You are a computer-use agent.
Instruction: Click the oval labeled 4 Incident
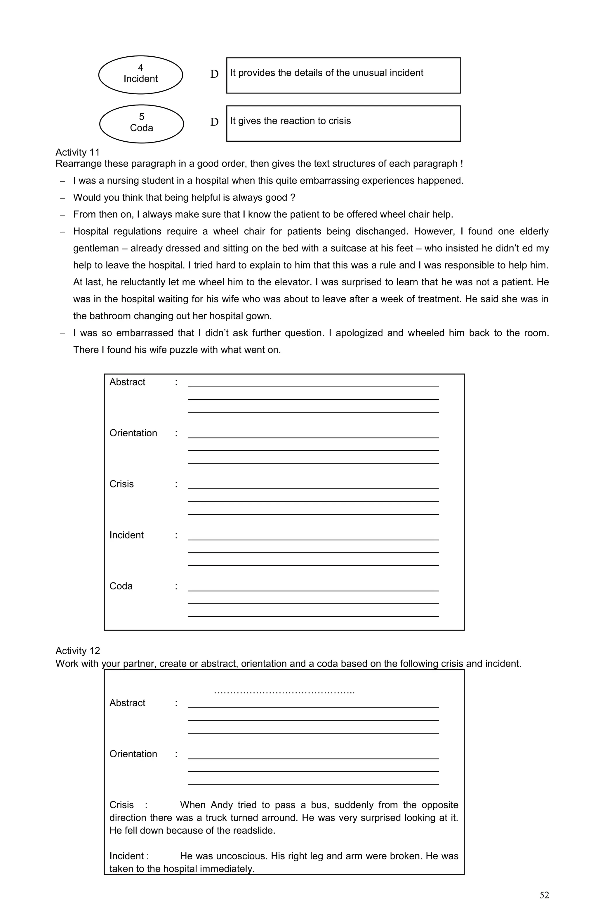tap(140, 74)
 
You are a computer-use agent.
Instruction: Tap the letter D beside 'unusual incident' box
tap(214, 74)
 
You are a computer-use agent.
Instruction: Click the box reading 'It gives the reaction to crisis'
tap(343, 124)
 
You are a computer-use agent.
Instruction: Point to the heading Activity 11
tap(77, 152)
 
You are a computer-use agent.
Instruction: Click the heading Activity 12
tap(77, 651)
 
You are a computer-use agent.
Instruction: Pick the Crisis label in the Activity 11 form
tap(121, 484)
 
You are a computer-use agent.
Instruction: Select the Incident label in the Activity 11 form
tap(126, 535)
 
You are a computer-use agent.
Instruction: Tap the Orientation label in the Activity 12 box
tap(133, 754)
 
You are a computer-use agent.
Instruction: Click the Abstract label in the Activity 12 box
tap(127, 703)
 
